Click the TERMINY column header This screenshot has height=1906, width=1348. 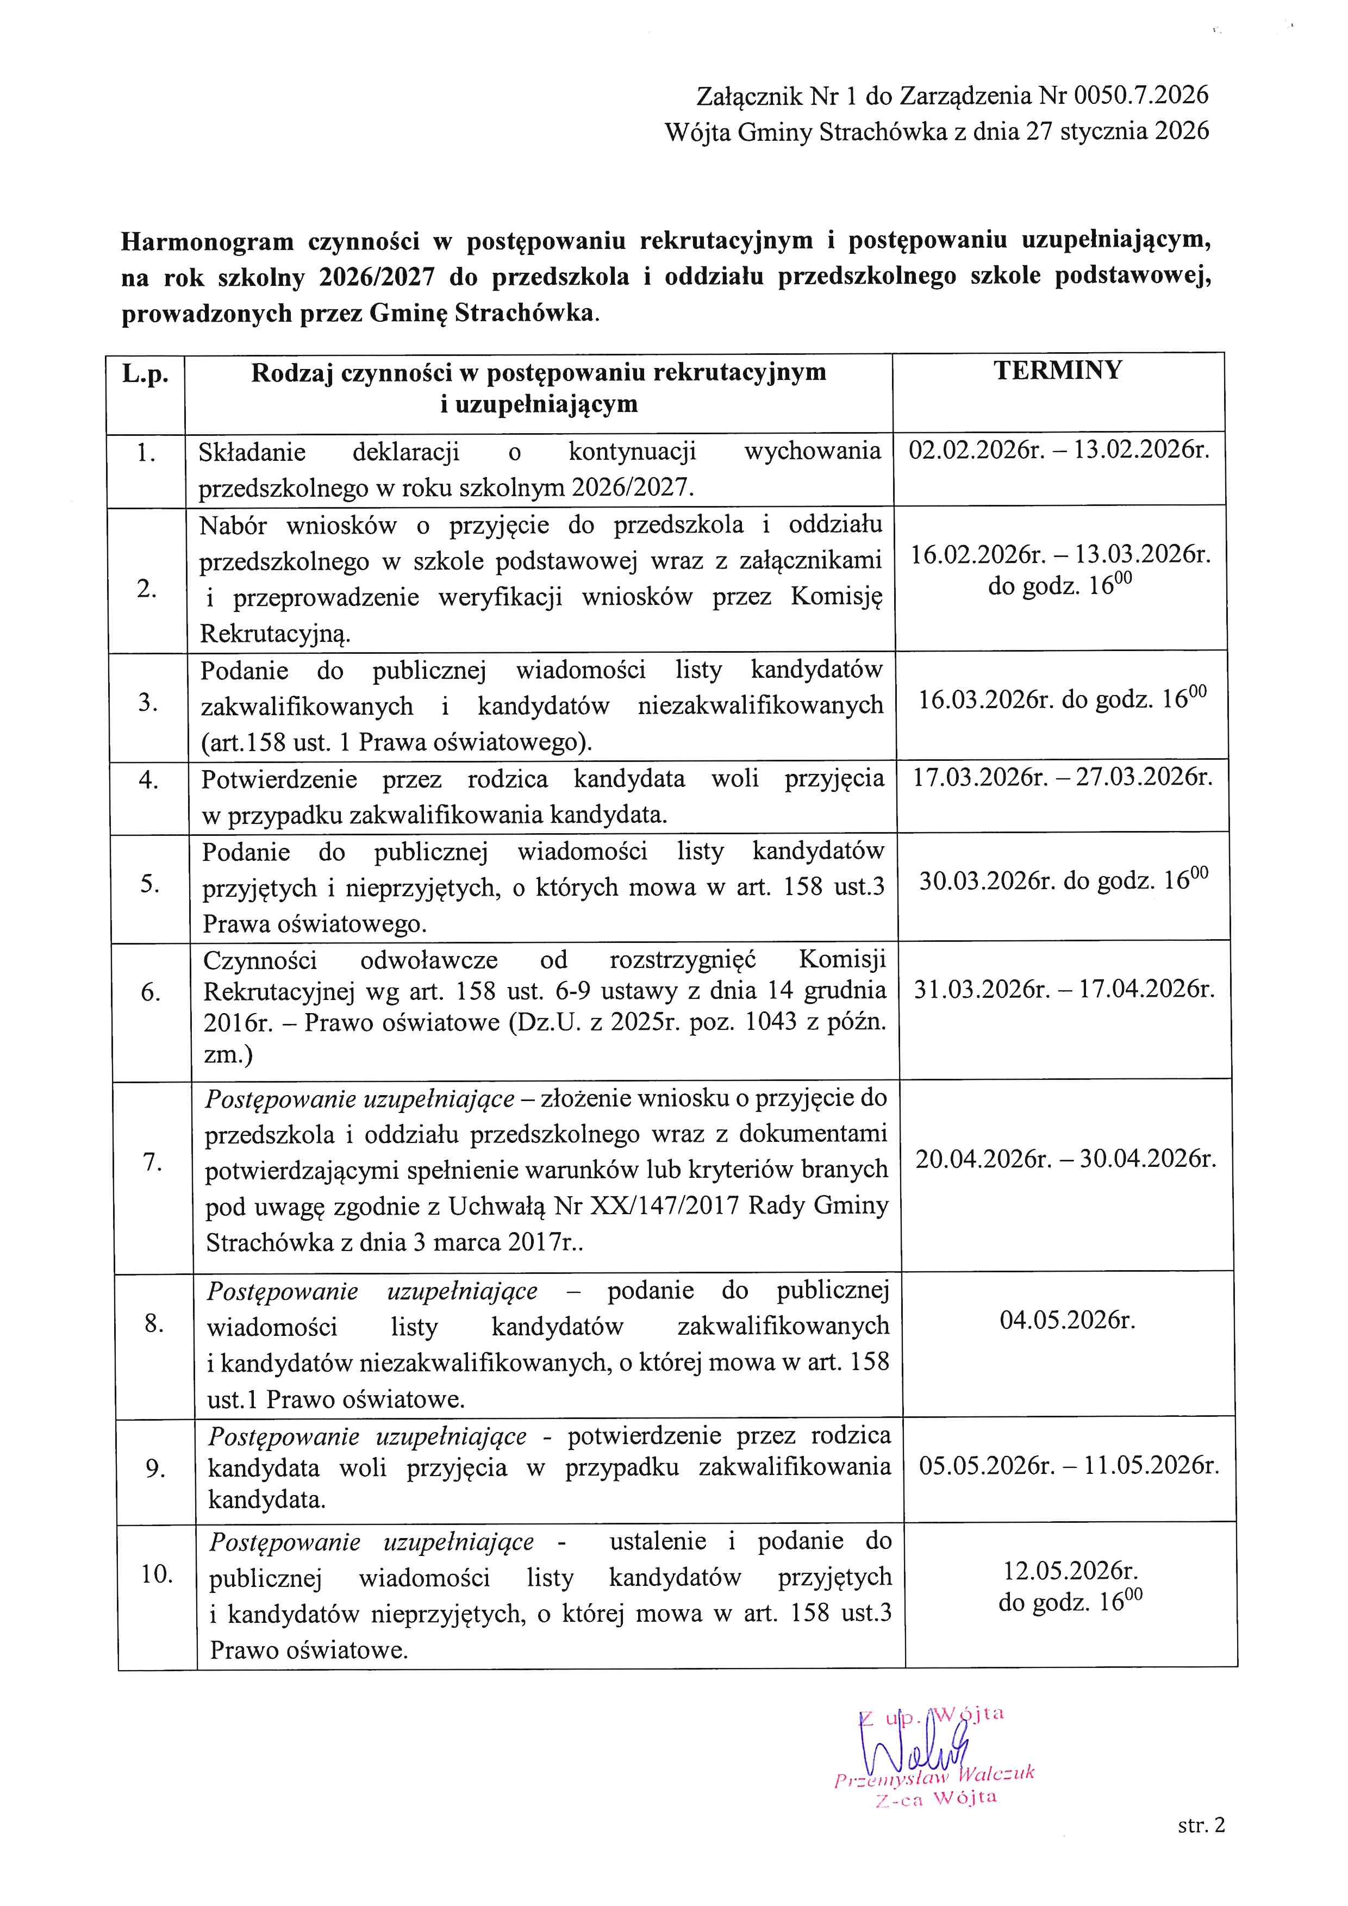1058,370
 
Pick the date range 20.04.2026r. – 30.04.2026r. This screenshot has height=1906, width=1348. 1066,1158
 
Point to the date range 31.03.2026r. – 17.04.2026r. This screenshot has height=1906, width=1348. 1064,989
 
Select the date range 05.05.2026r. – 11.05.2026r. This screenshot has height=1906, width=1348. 1068,1465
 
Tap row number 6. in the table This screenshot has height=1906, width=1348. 150,992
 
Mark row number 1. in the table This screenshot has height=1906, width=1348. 146,453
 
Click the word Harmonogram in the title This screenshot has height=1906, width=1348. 208,241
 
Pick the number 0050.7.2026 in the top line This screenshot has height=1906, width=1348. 1141,96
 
